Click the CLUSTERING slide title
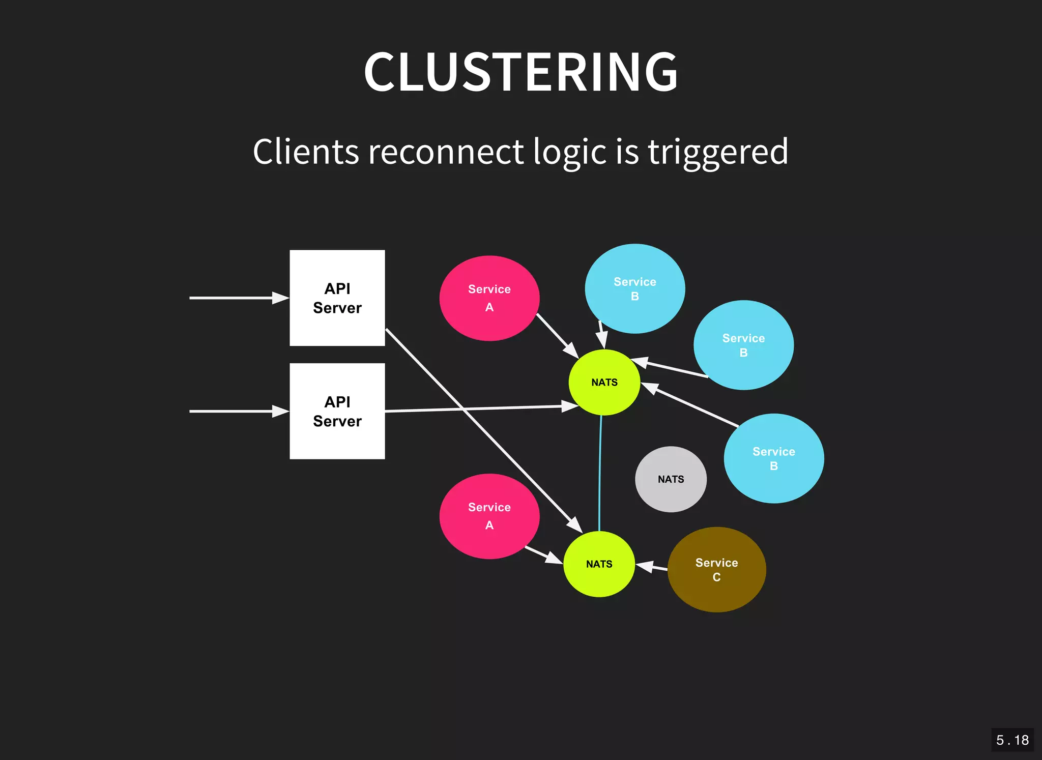click(x=520, y=72)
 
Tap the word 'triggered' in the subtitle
click(x=717, y=152)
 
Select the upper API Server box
click(x=337, y=298)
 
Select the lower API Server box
click(x=337, y=411)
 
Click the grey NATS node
click(x=671, y=479)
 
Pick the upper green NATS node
click(x=604, y=383)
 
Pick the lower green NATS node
click(x=599, y=564)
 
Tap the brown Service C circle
click(x=716, y=570)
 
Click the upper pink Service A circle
click(x=489, y=298)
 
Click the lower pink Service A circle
click(x=489, y=516)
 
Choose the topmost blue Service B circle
click(x=634, y=289)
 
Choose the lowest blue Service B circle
click(x=773, y=458)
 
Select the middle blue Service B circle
click(x=743, y=345)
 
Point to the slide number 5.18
click(x=1012, y=740)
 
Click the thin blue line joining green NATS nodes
click(x=600, y=473)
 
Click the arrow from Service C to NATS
click(x=653, y=567)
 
